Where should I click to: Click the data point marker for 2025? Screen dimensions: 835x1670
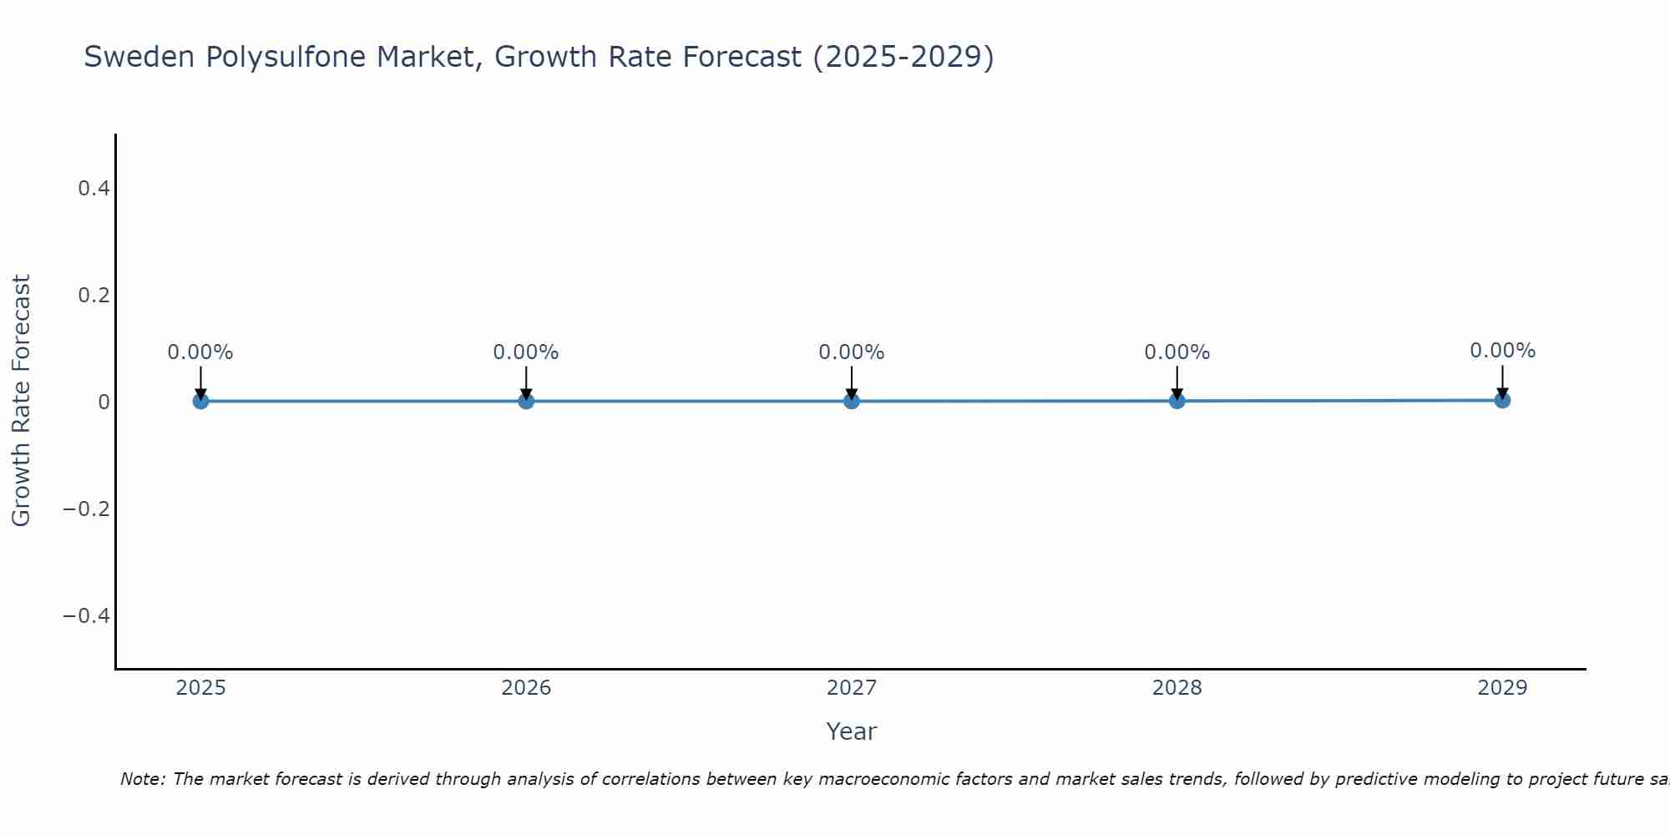tap(200, 401)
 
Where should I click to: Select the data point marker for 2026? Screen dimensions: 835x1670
tap(526, 401)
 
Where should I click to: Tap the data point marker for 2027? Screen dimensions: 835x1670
tap(852, 401)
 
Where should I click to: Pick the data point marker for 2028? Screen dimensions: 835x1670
tap(1177, 401)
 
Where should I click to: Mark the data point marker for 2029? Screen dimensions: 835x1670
tap(1502, 400)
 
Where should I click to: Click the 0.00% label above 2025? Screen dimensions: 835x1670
tap(200, 352)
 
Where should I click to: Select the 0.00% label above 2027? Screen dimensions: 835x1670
tap(852, 352)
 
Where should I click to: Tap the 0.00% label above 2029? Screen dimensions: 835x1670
tap(1502, 351)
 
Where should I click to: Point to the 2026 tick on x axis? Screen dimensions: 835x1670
tap(526, 688)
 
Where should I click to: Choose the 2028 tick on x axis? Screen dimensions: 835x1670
tap(1177, 688)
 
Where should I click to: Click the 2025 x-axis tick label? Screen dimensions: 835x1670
tap(200, 688)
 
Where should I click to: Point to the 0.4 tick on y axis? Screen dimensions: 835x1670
tap(94, 189)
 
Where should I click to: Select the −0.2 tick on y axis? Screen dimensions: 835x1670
tap(87, 509)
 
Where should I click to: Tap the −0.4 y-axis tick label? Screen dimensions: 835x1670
tap(87, 615)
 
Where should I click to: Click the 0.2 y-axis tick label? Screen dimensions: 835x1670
tap(94, 296)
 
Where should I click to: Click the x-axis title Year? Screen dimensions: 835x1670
tap(851, 731)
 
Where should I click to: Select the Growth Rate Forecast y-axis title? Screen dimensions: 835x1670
tap(21, 401)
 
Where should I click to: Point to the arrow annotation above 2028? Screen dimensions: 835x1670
tap(1177, 382)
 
